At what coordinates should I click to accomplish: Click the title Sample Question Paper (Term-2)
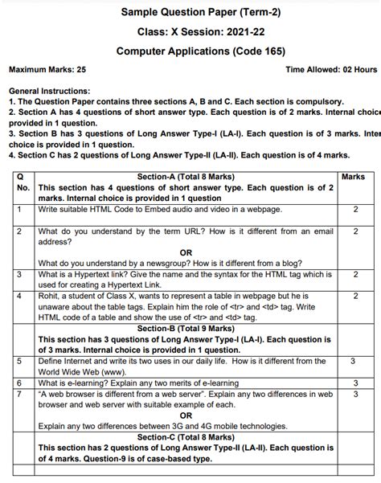coord(190,12)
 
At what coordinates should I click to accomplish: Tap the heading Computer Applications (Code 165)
coord(190,51)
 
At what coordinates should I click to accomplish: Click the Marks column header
coord(354,177)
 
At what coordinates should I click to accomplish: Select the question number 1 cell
coord(18,210)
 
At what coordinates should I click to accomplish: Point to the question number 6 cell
coord(18,383)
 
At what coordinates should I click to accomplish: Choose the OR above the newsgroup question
coord(186,252)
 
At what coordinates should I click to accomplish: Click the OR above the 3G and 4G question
coord(186,415)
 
